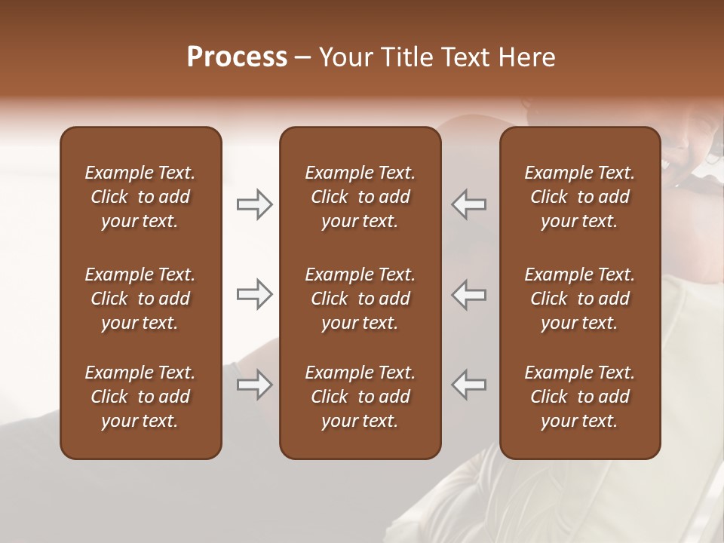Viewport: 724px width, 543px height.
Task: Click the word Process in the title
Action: pyautogui.click(x=237, y=57)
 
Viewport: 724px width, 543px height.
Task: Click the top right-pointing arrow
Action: pyautogui.click(x=254, y=204)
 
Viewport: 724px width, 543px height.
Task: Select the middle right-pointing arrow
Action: pyautogui.click(x=254, y=294)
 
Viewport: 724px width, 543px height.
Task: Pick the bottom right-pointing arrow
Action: pyautogui.click(x=254, y=385)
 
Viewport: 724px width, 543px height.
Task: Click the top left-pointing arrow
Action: pyautogui.click(x=469, y=204)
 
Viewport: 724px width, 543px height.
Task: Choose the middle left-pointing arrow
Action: pyautogui.click(x=469, y=294)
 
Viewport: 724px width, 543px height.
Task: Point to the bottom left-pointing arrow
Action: pyautogui.click(x=469, y=385)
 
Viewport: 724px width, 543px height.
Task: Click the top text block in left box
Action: pyautogui.click(x=140, y=197)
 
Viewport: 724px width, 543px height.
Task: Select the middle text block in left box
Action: pyautogui.click(x=140, y=299)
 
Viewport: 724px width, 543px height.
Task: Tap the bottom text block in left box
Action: pyautogui.click(x=140, y=397)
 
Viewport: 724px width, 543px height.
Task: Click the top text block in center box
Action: pyautogui.click(x=360, y=197)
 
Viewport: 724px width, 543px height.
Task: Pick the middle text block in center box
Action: pyautogui.click(x=360, y=299)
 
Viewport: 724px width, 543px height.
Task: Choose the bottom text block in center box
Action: pyautogui.click(x=360, y=397)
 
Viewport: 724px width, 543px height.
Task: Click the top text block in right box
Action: pyautogui.click(x=579, y=197)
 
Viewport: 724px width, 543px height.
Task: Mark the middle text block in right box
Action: pyautogui.click(x=579, y=299)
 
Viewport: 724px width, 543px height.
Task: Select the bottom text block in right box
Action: pyautogui.click(x=579, y=397)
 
